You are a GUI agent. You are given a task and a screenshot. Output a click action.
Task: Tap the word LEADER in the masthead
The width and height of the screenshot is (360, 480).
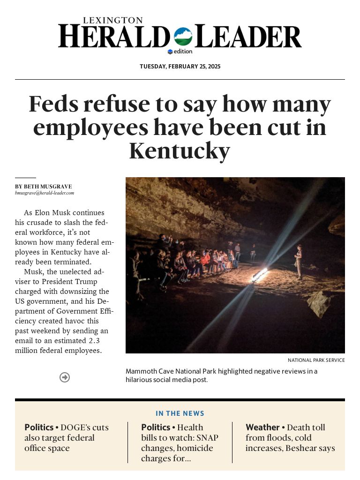[x=248, y=37]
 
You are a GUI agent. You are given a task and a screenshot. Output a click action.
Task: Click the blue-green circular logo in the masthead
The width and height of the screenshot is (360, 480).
[x=183, y=36]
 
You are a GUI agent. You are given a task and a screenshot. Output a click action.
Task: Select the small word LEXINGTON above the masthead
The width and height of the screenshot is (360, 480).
[x=112, y=21]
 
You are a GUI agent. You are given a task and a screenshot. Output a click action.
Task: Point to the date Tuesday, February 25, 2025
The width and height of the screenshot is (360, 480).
[x=180, y=67]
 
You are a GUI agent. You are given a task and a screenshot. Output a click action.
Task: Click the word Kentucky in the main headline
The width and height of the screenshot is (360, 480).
[x=180, y=151]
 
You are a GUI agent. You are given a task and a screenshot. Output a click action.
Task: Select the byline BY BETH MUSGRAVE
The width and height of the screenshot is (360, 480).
[x=44, y=187]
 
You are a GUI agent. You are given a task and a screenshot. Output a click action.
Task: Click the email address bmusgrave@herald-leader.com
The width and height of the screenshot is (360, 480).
[x=45, y=193]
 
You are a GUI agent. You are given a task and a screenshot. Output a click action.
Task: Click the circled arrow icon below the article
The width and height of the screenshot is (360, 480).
[x=65, y=377]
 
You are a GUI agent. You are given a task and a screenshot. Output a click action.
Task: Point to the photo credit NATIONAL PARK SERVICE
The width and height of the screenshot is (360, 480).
[x=316, y=360]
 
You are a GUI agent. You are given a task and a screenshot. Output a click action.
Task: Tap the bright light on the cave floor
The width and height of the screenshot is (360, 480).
[x=259, y=275]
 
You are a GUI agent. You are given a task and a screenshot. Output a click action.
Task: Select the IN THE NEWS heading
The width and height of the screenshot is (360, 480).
[x=180, y=413]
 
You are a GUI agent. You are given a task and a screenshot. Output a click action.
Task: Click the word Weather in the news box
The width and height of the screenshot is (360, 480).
[x=262, y=427]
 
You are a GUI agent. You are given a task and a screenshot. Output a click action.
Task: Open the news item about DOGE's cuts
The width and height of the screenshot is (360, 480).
[x=67, y=438]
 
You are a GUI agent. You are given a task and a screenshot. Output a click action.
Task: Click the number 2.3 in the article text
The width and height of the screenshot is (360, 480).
[x=94, y=341]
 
